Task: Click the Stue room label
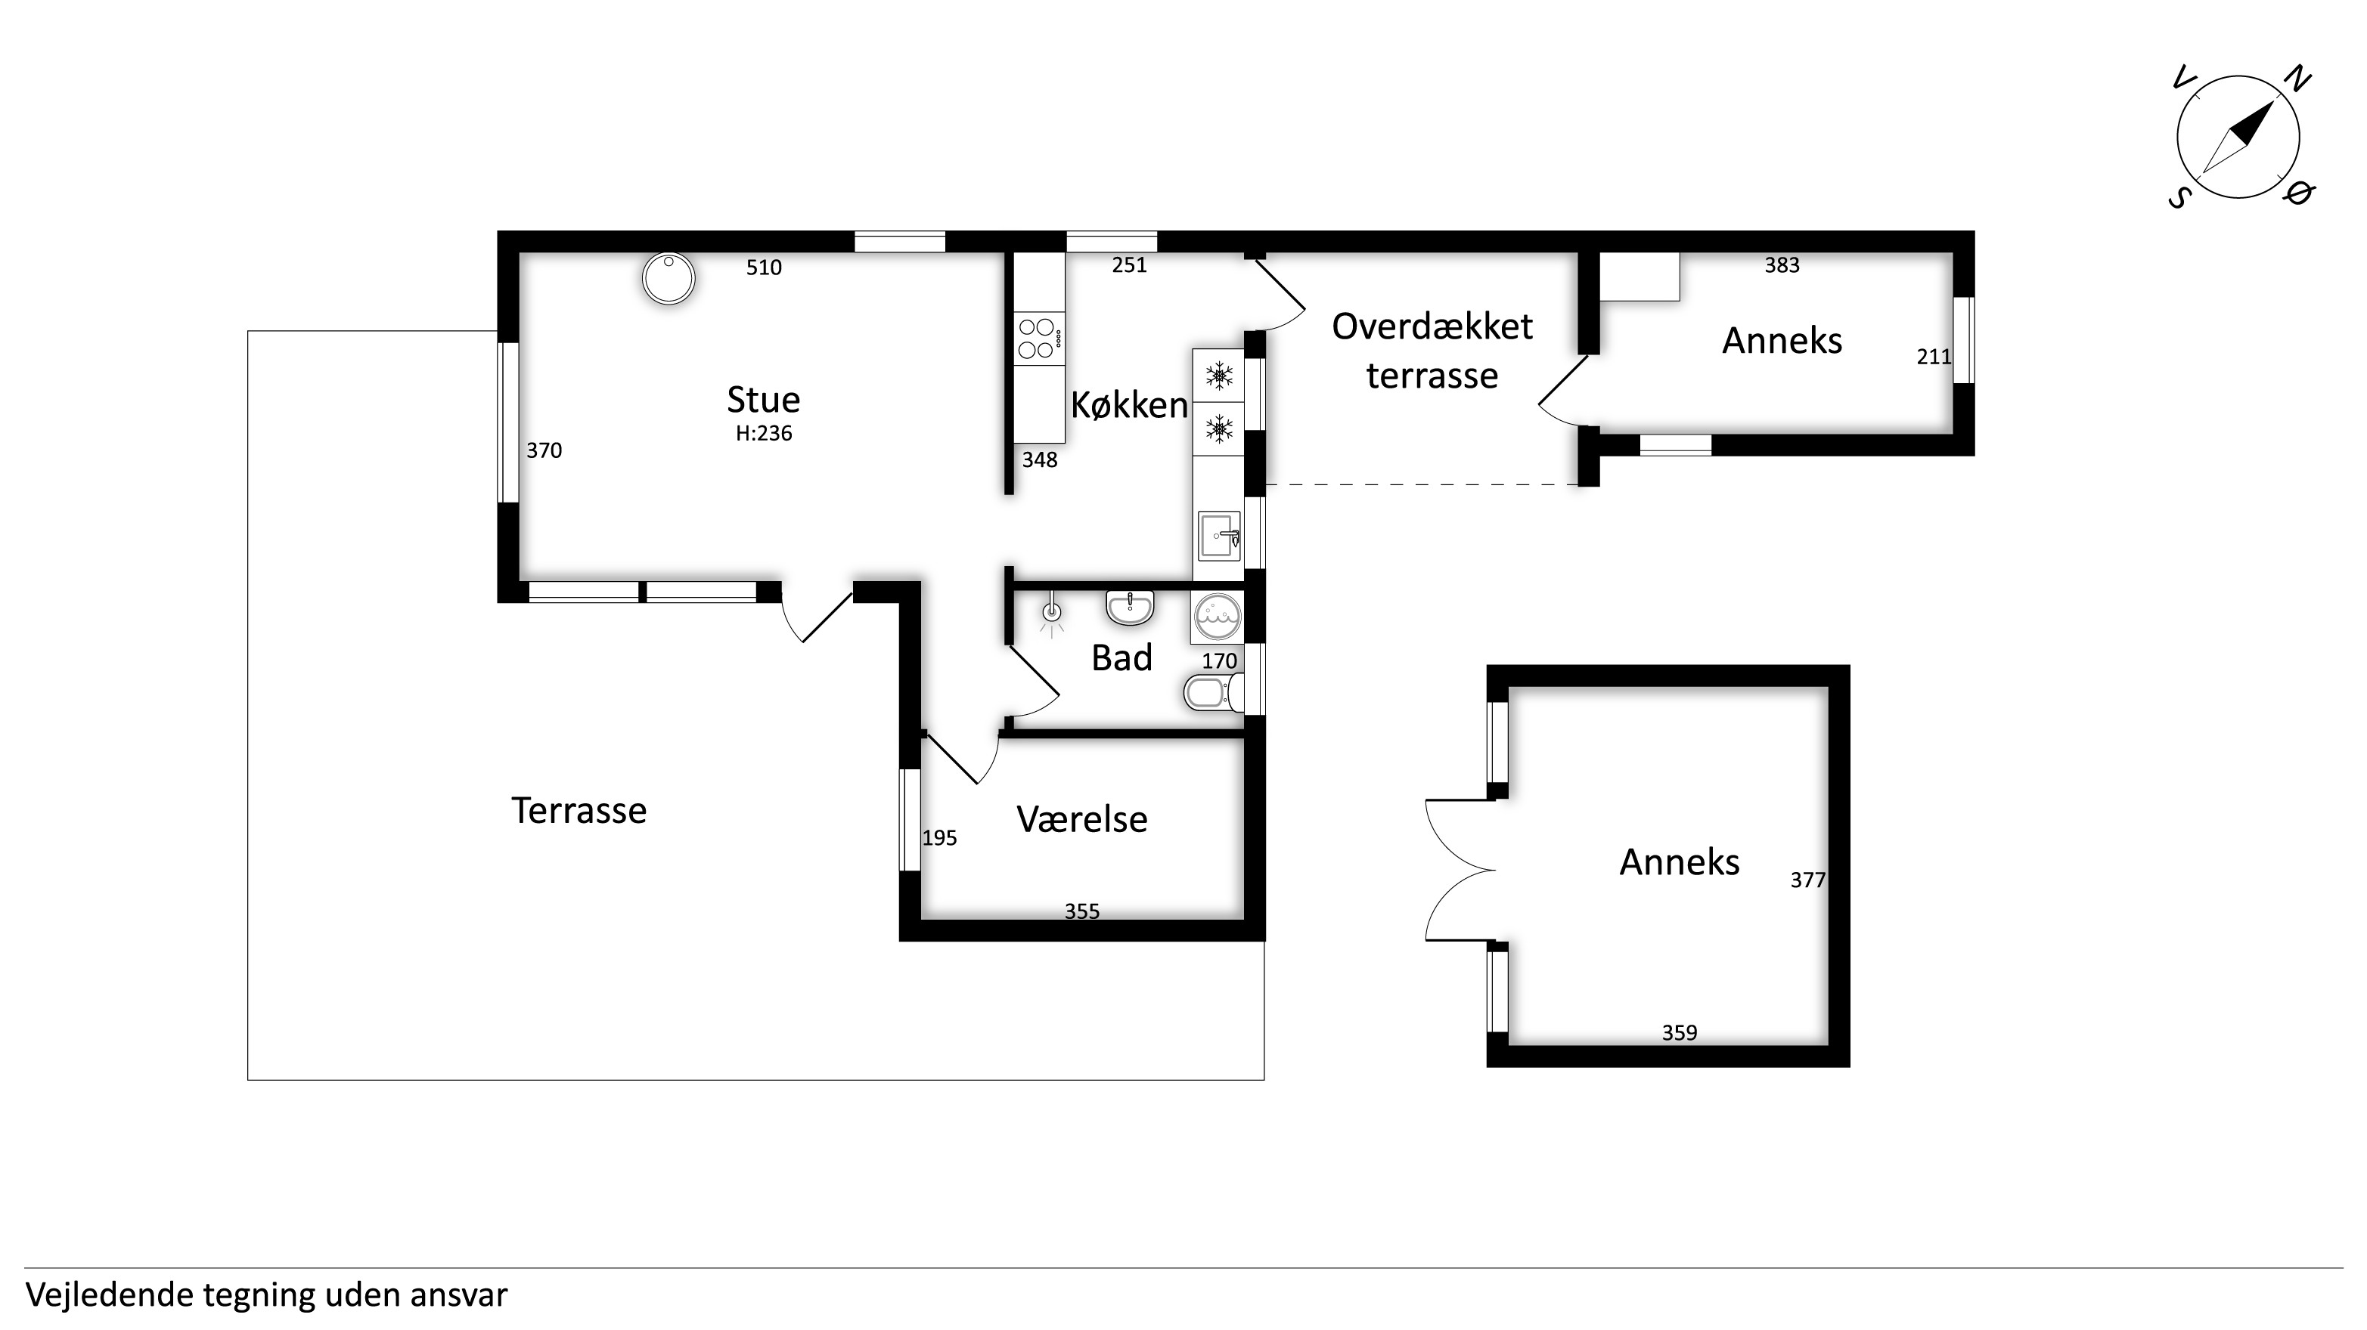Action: coord(763,400)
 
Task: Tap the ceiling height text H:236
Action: coord(764,434)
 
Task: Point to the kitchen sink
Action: coord(1219,537)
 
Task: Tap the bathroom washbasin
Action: coord(1129,606)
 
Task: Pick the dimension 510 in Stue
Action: coord(764,268)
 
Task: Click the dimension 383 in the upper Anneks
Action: coord(1782,265)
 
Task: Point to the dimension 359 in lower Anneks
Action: coord(1679,1033)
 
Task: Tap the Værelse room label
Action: coord(1081,819)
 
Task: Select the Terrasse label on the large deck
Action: coord(579,811)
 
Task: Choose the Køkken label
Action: coord(1129,405)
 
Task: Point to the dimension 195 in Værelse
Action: coord(939,838)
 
